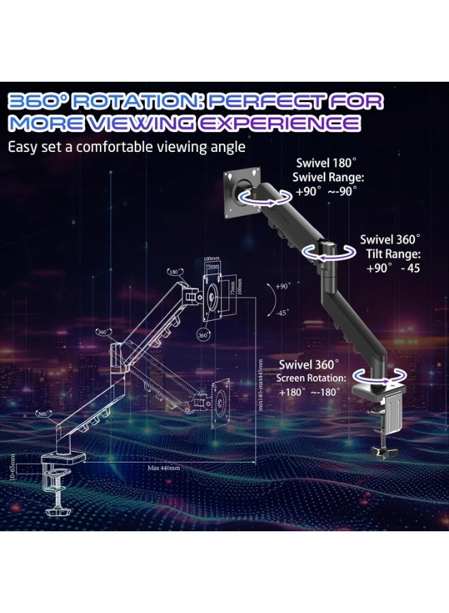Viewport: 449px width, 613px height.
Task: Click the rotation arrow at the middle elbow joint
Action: click(329, 252)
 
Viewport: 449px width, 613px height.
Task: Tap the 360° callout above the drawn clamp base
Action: click(42, 413)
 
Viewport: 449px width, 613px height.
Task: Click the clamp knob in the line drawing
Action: click(54, 511)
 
